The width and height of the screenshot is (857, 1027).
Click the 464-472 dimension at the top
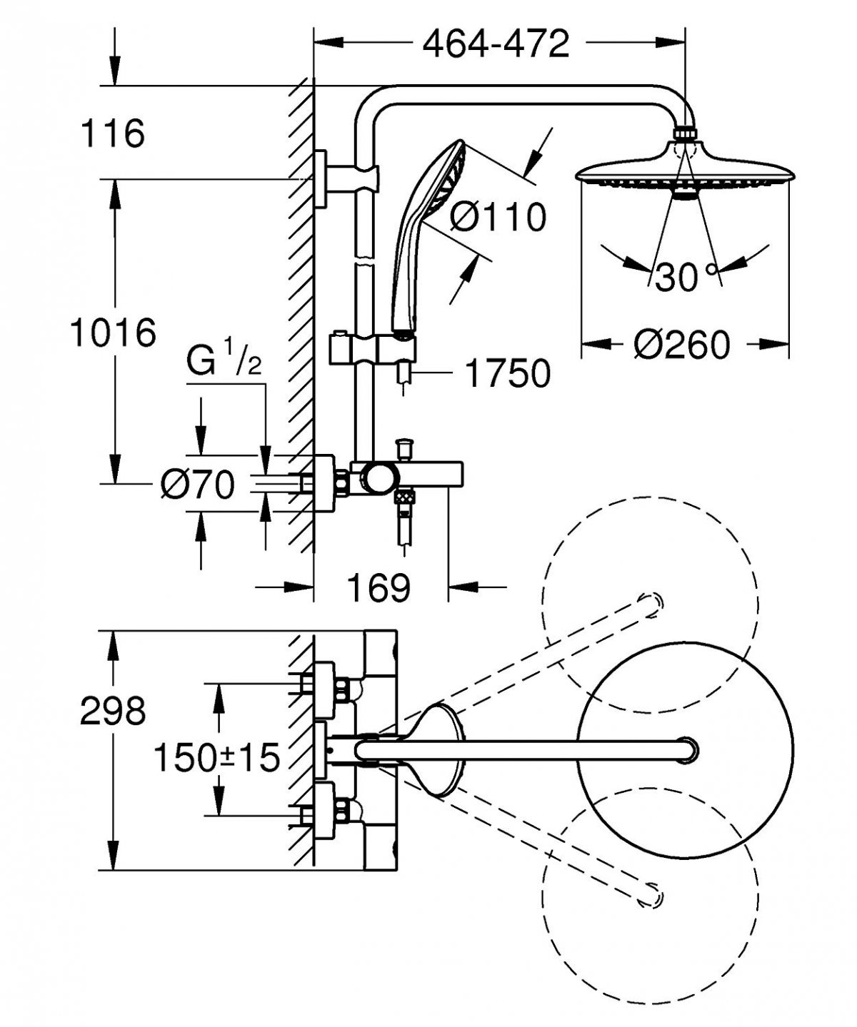[x=496, y=44]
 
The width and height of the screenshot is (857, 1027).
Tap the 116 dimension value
[x=113, y=133]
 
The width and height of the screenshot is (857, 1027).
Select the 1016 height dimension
[x=113, y=333]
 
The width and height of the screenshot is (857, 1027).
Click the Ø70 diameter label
[x=198, y=486]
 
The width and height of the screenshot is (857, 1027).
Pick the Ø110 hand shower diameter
[x=498, y=216]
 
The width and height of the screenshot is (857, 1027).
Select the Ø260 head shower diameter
[x=683, y=345]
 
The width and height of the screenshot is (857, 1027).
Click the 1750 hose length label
[x=507, y=373]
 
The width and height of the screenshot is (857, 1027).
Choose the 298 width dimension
[x=113, y=711]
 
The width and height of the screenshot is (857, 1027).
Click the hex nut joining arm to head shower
[x=686, y=132]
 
